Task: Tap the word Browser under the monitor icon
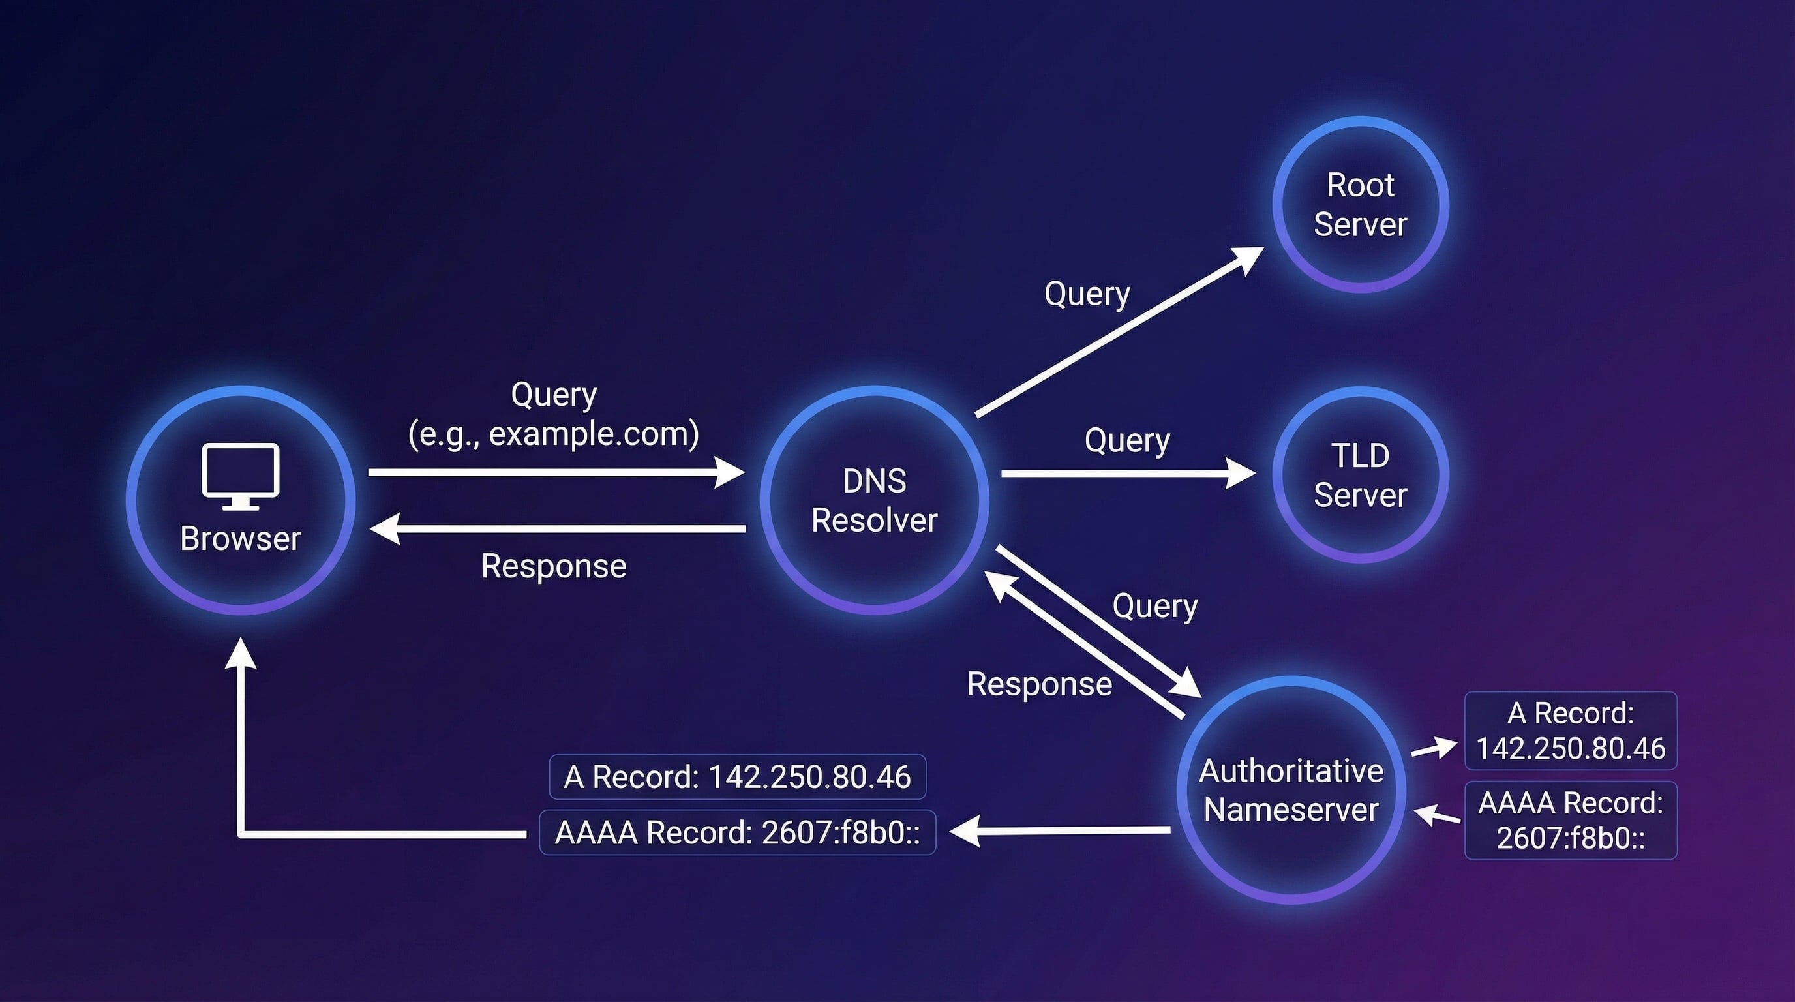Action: [x=241, y=539]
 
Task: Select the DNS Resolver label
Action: [x=874, y=500]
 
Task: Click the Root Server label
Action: [x=1360, y=205]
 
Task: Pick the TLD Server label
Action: [x=1360, y=475]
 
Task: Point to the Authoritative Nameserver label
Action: [x=1291, y=790]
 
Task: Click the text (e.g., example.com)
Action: [x=553, y=434]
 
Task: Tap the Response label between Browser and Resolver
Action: [x=553, y=566]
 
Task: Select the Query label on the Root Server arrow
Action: [x=1087, y=294]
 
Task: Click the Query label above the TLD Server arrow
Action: [x=1126, y=440]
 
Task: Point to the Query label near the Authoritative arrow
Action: [x=1154, y=606]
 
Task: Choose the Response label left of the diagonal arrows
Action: [x=1039, y=684]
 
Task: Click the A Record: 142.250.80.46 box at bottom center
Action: [x=737, y=777]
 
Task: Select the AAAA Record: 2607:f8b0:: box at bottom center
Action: [x=737, y=832]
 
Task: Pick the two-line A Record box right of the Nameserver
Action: [x=1570, y=731]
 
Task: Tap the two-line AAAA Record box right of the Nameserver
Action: [x=1570, y=820]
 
